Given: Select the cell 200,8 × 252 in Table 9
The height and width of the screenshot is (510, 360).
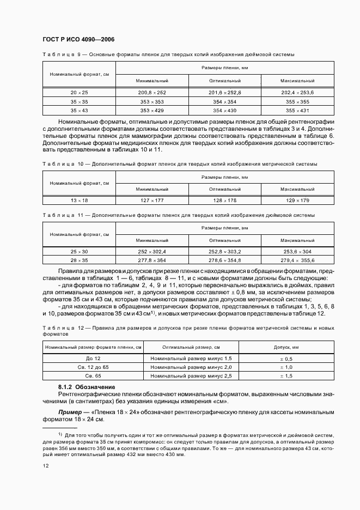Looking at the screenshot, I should (x=152, y=93).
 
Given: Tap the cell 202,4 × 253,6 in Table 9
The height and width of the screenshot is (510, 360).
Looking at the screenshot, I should (x=297, y=93).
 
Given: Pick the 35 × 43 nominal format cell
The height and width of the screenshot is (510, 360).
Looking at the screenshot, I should (x=79, y=110).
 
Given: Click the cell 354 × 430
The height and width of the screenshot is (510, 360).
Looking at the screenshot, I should (x=224, y=110).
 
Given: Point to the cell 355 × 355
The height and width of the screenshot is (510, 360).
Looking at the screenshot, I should (x=297, y=101).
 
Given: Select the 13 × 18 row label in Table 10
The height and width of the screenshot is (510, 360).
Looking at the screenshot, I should (x=79, y=200).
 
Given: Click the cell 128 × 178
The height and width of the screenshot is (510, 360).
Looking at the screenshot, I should (x=224, y=200).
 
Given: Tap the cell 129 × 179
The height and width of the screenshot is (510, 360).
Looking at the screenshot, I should (x=297, y=200).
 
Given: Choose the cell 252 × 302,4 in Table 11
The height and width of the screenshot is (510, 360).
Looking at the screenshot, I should (x=152, y=252).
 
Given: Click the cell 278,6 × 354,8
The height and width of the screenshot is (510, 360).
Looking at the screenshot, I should (x=224, y=260).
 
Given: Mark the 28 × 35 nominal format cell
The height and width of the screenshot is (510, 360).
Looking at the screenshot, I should (x=79, y=260).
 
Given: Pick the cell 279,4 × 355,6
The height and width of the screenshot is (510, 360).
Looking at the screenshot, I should (x=297, y=260).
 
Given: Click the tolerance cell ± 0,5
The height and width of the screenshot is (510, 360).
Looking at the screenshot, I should (x=286, y=359).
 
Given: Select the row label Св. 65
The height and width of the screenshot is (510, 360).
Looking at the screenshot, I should (x=94, y=376).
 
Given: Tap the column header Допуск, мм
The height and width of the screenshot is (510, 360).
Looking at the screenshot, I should (x=286, y=347).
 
